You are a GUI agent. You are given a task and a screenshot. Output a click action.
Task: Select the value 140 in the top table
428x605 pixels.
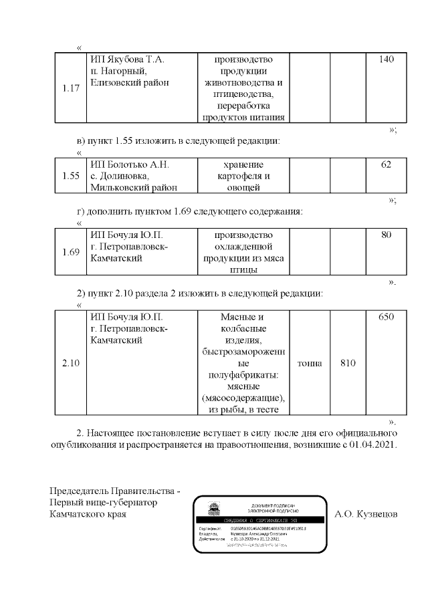coord(386,59)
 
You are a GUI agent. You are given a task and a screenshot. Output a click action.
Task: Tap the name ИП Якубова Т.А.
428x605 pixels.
coord(127,59)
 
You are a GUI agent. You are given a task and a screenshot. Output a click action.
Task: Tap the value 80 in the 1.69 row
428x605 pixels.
coord(386,235)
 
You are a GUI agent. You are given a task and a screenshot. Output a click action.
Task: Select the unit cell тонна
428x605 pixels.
coord(310,363)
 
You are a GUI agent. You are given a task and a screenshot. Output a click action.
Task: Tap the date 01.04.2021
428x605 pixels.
coord(372,445)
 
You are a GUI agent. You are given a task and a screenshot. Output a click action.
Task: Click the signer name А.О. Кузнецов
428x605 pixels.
coord(366,515)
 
